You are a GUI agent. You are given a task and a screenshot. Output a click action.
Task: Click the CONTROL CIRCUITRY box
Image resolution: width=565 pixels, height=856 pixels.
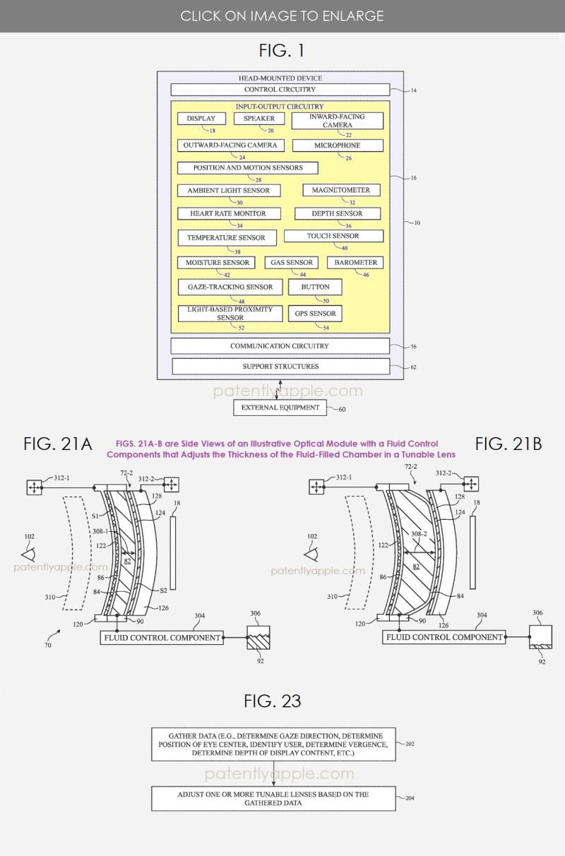280,90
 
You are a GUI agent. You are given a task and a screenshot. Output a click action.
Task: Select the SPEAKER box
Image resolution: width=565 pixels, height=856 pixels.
259,119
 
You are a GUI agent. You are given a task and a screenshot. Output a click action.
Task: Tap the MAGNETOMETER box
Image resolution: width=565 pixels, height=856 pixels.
342,190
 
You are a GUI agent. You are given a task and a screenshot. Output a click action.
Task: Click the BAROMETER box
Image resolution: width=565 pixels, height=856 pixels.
356,263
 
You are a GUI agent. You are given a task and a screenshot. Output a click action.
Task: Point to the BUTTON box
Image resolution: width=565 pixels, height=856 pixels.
315,287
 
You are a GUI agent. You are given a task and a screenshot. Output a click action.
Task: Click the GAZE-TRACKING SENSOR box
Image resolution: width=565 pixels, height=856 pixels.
230,287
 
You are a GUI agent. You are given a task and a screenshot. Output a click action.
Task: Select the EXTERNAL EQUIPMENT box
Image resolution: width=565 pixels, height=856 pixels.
280,408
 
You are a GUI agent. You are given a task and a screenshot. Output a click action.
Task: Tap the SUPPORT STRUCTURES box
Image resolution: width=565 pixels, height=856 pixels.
280,367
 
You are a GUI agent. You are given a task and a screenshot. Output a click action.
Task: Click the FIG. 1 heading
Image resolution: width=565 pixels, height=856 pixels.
282,51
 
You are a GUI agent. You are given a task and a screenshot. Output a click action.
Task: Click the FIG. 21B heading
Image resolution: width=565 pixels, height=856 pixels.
509,444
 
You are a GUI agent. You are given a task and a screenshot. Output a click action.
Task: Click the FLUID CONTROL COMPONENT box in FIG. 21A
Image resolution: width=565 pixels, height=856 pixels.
162,638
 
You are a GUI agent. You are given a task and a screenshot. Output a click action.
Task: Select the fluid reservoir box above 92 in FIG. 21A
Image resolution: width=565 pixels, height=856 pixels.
257,638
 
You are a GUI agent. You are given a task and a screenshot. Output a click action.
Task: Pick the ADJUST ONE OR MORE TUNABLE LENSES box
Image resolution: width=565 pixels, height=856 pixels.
273,798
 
